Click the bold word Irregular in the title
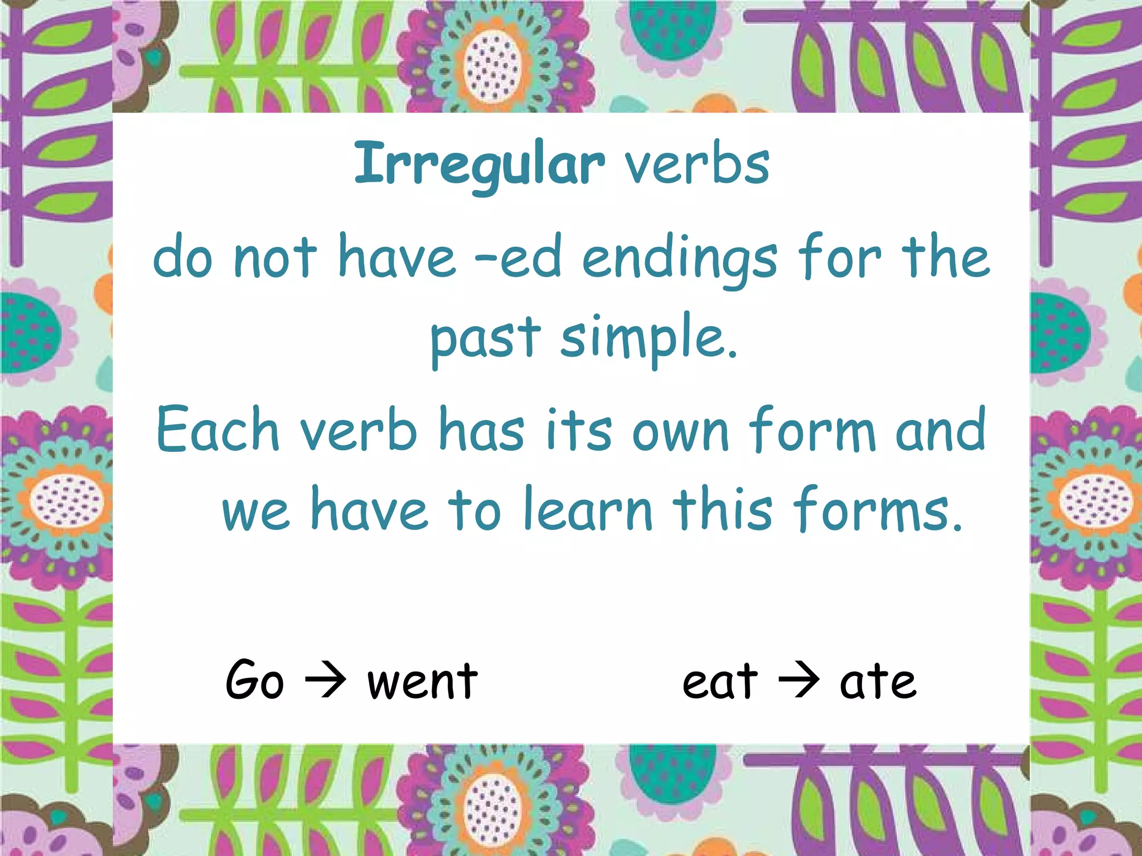point(480,164)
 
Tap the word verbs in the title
point(697,164)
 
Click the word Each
point(217,430)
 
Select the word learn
point(588,509)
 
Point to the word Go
point(254,680)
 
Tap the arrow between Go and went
point(326,680)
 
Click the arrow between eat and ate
point(799,680)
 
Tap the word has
point(482,430)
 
